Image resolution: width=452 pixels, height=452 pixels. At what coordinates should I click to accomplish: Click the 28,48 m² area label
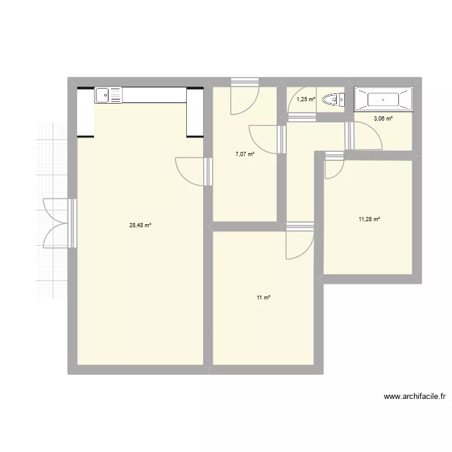click(140, 225)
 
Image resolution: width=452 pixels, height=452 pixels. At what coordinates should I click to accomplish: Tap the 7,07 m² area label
click(245, 154)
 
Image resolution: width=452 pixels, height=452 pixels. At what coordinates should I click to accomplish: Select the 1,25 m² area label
click(306, 99)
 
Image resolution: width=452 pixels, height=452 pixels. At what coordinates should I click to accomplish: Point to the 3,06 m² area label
click(383, 119)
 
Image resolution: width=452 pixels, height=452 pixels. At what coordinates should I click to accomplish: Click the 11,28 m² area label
click(369, 219)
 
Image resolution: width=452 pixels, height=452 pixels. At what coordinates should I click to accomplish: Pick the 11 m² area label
click(263, 298)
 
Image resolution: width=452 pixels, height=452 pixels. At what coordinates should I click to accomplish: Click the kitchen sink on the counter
click(108, 95)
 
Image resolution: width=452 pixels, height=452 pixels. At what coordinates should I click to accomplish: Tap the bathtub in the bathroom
click(383, 99)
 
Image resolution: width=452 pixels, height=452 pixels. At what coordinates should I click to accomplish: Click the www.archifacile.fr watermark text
click(415, 397)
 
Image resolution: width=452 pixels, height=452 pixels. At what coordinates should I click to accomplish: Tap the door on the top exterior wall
click(244, 96)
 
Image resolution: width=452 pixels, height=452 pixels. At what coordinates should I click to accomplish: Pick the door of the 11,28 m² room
click(333, 166)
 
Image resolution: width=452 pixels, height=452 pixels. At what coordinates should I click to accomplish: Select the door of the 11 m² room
click(299, 241)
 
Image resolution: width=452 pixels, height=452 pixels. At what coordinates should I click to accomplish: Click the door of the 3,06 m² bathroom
click(365, 136)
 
